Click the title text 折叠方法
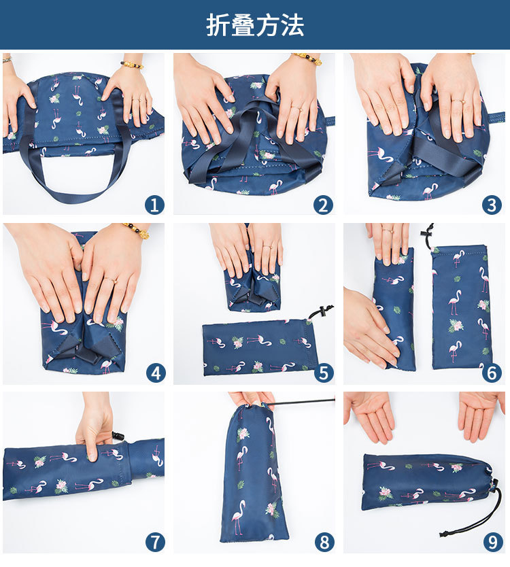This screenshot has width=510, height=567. pos(255,24)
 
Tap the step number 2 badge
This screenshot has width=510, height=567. pos(324,204)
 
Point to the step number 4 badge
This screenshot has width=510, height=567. pos(155,373)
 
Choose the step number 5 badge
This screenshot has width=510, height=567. pos(324,373)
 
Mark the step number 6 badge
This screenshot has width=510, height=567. pos(492,373)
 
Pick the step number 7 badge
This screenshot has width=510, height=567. pos(155,542)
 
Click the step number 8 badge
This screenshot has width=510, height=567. pos(324,542)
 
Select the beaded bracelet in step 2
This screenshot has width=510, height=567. pos(307,59)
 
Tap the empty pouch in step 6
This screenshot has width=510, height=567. pos(461,306)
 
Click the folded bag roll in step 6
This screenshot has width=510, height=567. pos(394,309)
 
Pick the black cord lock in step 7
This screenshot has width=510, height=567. pos(118,434)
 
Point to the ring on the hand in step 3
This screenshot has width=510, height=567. pos(459,101)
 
